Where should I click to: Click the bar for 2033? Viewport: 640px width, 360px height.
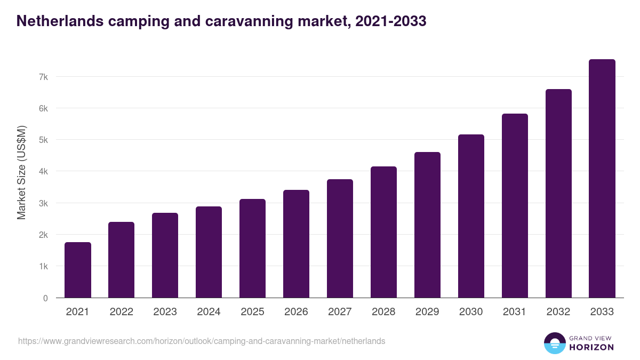(602, 179)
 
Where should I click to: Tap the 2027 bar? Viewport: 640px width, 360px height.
(340, 238)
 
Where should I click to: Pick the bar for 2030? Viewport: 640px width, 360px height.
(471, 216)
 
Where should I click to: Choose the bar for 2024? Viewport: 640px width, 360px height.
(209, 252)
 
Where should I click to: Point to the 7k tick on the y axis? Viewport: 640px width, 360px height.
(43, 77)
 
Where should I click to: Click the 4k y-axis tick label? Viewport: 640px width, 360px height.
(43, 172)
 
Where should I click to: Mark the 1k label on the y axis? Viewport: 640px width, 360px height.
(43, 266)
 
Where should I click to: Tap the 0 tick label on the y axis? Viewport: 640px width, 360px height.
(45, 298)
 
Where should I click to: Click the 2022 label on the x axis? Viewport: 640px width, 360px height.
(121, 312)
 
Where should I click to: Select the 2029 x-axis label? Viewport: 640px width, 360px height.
(427, 312)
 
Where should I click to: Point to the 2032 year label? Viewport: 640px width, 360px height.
(558, 312)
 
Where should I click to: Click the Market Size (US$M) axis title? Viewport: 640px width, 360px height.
(21, 172)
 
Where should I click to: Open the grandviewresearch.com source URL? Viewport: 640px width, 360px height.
(202, 341)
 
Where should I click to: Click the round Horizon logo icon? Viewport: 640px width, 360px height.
(554, 343)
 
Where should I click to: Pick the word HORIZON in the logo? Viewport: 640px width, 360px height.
(591, 347)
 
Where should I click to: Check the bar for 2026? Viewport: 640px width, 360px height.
(296, 244)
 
